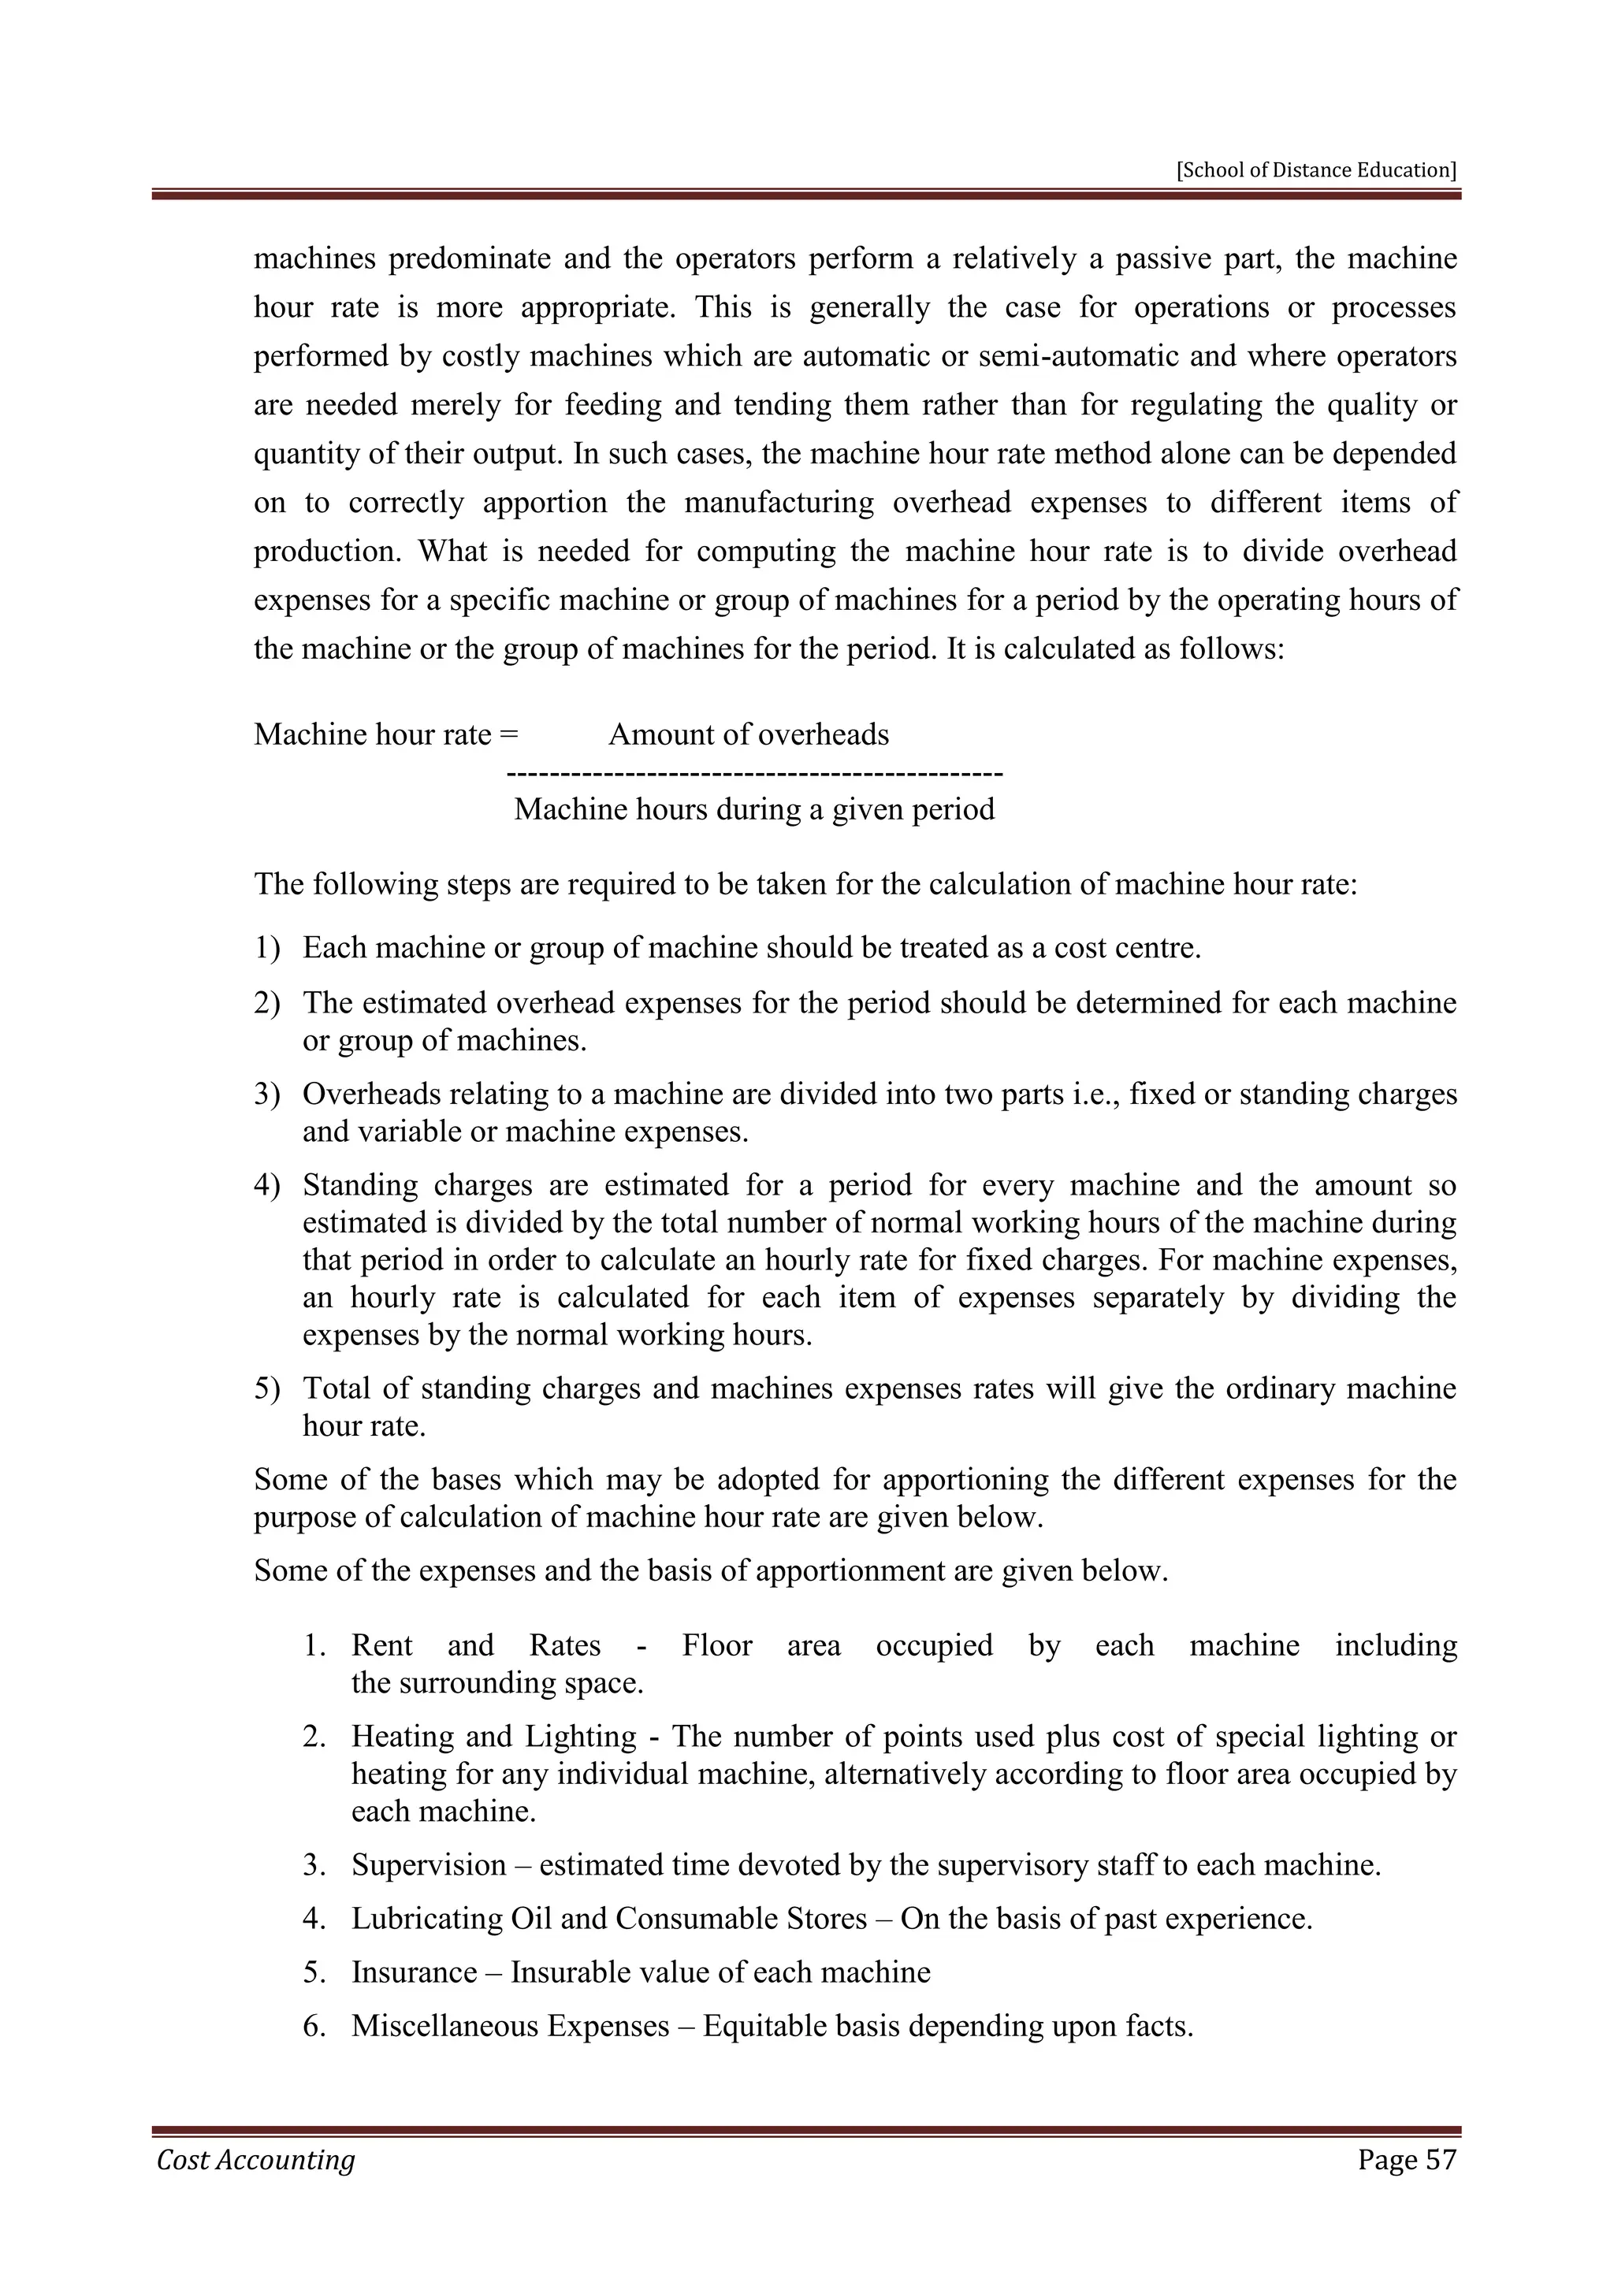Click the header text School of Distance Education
coord(1316,170)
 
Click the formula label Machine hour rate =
coord(385,734)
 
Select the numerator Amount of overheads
coord(749,734)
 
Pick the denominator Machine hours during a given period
coord(753,809)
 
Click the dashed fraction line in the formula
coord(753,772)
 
